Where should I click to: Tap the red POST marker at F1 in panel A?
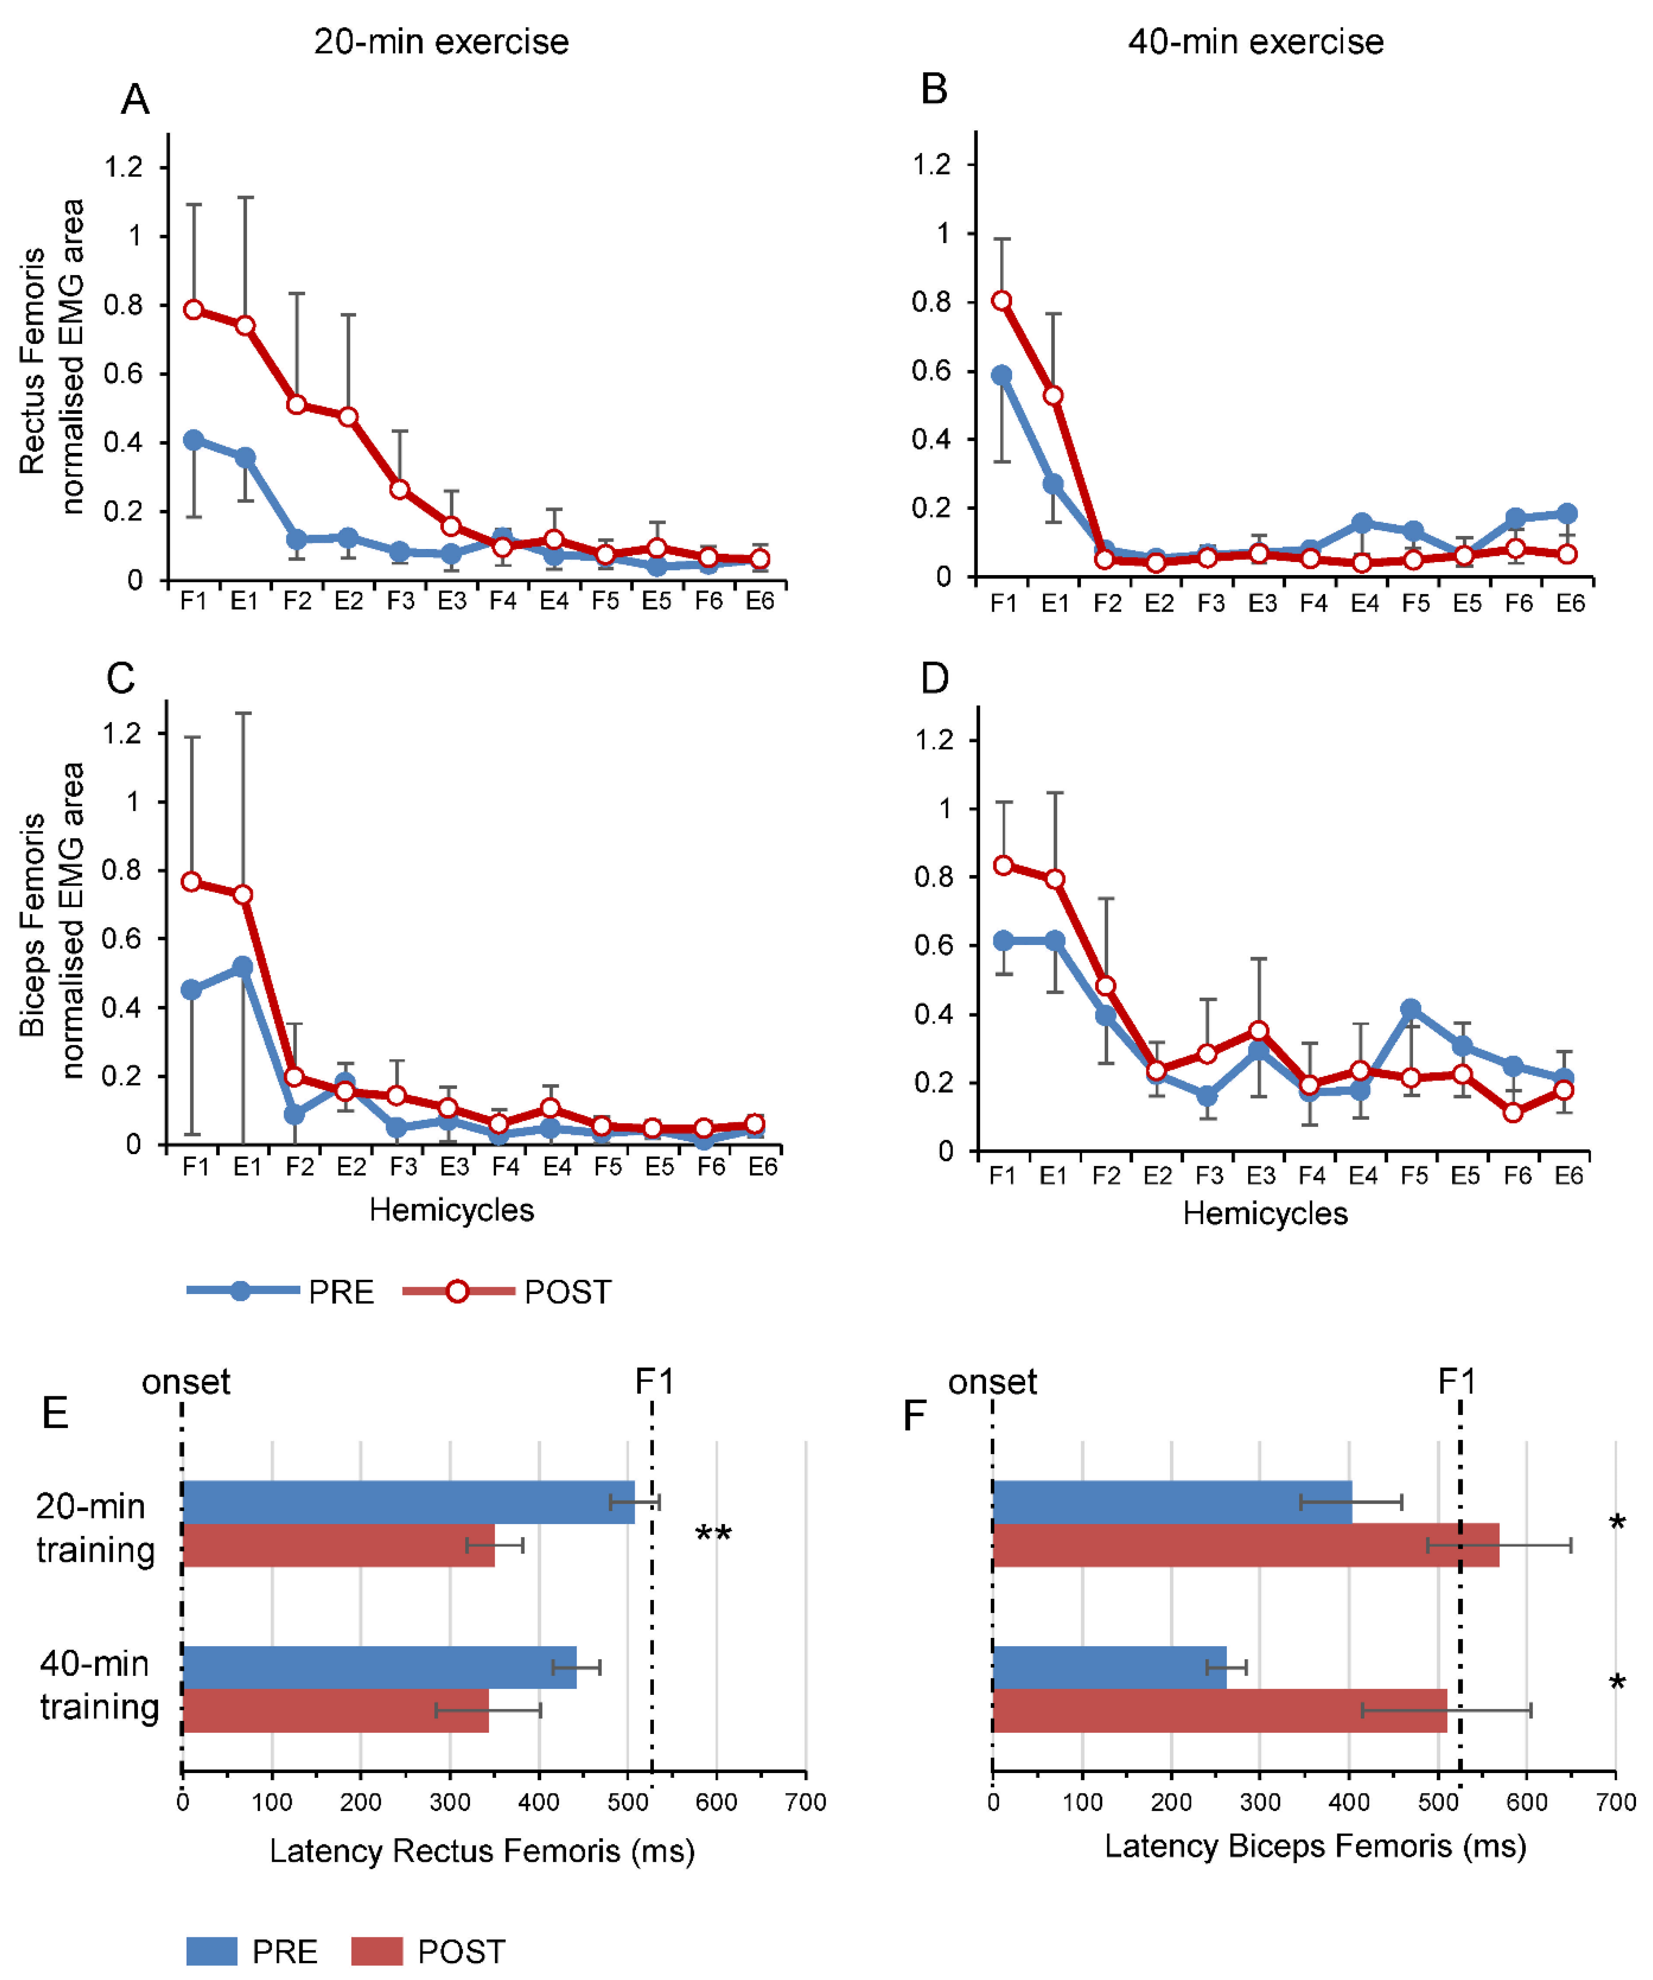pyautogui.click(x=193, y=310)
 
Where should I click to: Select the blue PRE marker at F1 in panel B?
pyautogui.click(x=1001, y=375)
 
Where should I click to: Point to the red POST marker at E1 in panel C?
pyautogui.click(x=242, y=894)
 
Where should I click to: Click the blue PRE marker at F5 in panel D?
pyautogui.click(x=1411, y=1009)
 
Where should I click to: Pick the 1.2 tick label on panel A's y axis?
pyautogui.click(x=123, y=168)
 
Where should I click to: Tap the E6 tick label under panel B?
pyautogui.click(x=1570, y=603)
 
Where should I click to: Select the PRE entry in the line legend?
pyautogui.click(x=281, y=1292)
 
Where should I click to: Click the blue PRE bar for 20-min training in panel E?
pyautogui.click(x=407, y=1502)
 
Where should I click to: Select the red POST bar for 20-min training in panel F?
pyautogui.click(x=1245, y=1545)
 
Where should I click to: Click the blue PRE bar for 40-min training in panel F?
pyautogui.click(x=1109, y=1668)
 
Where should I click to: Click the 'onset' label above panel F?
pyautogui.click(x=992, y=1382)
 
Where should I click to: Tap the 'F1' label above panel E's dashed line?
pyautogui.click(x=654, y=1382)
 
